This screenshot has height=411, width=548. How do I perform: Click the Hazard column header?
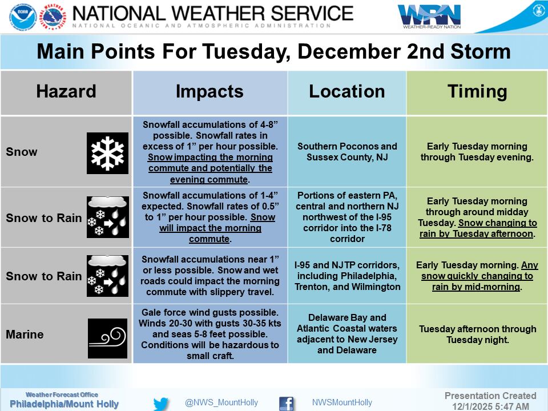(x=66, y=92)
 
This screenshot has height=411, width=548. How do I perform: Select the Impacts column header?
(x=209, y=92)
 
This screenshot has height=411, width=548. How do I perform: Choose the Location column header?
(x=346, y=92)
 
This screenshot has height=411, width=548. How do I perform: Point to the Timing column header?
(x=477, y=92)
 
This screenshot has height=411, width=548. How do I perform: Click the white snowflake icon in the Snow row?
(x=107, y=152)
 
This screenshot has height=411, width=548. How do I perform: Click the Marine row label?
(x=25, y=334)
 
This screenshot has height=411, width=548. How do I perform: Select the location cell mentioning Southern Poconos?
(x=346, y=152)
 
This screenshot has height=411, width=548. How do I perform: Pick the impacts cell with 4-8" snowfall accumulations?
(x=209, y=152)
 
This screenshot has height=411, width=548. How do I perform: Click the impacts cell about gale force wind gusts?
(x=209, y=334)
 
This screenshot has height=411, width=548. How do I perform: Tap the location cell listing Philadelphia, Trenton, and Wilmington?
(x=346, y=276)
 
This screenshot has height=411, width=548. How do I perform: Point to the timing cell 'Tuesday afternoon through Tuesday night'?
(x=477, y=334)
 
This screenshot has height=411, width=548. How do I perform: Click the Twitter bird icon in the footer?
(x=161, y=403)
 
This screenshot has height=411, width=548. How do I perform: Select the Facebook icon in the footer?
(x=286, y=403)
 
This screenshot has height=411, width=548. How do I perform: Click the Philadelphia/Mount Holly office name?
(x=64, y=404)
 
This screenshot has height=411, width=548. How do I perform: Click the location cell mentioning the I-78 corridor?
(x=346, y=217)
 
